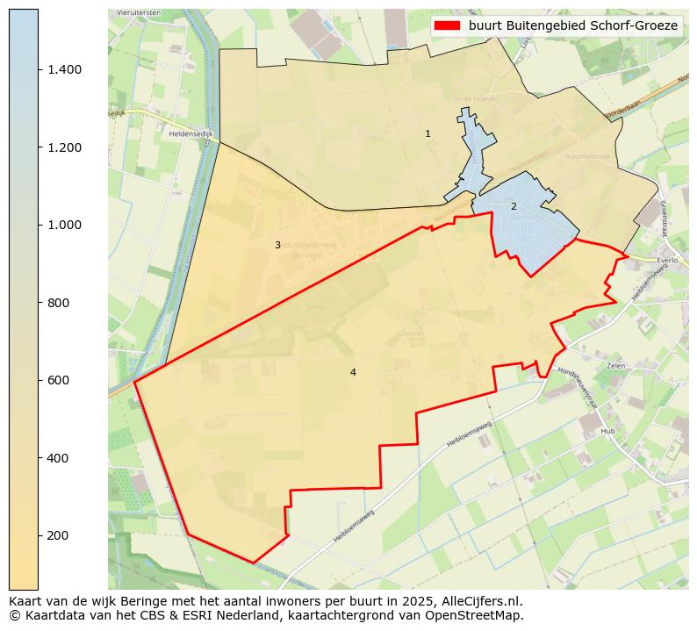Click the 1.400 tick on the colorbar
65,69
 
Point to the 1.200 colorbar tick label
65,147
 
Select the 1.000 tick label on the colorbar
65,225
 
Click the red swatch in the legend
447,25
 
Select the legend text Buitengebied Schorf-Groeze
572,25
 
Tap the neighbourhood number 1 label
428,134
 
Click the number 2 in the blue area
514,206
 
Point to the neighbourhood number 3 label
277,245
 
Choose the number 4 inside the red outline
353,372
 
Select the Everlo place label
667,261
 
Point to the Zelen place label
614,365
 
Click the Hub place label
607,432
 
